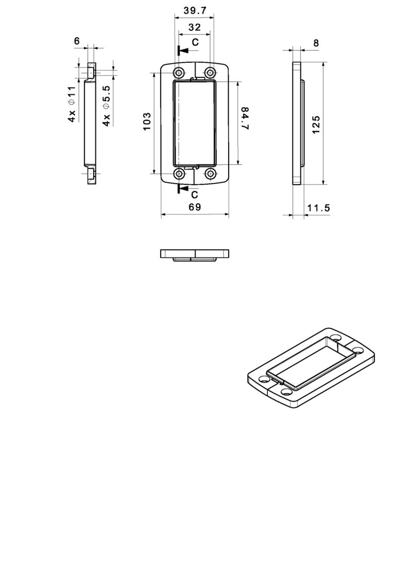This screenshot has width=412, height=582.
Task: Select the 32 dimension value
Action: [194, 27]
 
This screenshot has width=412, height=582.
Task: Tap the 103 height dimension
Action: [147, 122]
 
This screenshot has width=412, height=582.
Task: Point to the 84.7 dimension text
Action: [245, 118]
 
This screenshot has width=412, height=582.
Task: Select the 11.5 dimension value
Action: [318, 208]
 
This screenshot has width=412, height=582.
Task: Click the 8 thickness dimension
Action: [316, 43]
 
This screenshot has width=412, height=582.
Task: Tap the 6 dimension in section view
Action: [77, 41]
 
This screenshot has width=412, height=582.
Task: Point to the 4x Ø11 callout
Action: [72, 104]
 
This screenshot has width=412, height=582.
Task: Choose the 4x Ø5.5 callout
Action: [107, 106]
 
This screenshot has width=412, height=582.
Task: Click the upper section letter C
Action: [195, 43]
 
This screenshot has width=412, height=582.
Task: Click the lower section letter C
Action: [194, 195]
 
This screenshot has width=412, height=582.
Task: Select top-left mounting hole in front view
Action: [179, 71]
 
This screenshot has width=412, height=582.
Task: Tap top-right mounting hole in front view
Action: [210, 71]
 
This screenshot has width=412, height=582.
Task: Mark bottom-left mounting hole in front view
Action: [179, 174]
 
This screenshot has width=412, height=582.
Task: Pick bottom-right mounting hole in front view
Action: [210, 174]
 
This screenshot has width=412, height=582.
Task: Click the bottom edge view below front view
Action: [194, 254]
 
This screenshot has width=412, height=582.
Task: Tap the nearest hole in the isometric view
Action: [286, 392]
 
